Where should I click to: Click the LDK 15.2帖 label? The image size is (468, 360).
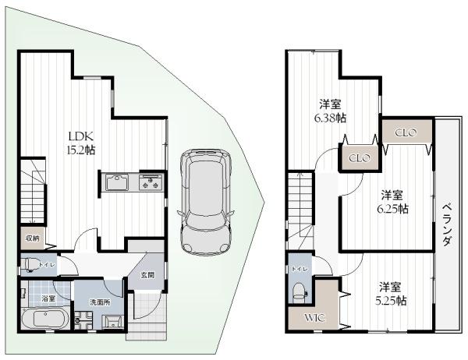(x=81, y=143)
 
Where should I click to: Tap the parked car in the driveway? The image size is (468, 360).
(x=205, y=203)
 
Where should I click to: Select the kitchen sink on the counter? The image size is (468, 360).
(x=117, y=182)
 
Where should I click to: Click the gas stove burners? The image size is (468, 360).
(x=151, y=182)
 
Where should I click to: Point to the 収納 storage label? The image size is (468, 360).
(x=33, y=238)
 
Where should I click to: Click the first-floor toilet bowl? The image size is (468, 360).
(x=30, y=265)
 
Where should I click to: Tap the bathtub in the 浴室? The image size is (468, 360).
(x=44, y=318)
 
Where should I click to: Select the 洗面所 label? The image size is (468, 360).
(x=100, y=302)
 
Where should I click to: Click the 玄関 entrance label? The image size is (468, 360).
(x=147, y=275)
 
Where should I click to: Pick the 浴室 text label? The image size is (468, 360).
(x=48, y=298)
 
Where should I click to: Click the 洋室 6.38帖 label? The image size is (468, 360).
(x=330, y=111)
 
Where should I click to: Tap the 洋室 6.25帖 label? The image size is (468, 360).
(x=392, y=202)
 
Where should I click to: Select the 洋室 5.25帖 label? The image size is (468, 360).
(x=391, y=294)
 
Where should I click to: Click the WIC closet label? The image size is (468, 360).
(x=314, y=318)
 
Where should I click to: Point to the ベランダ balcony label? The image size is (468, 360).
(x=446, y=224)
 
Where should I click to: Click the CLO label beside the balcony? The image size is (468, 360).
(x=406, y=132)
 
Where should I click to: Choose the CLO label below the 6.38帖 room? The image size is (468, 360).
(x=360, y=157)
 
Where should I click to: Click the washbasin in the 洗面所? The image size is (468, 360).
(x=112, y=322)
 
